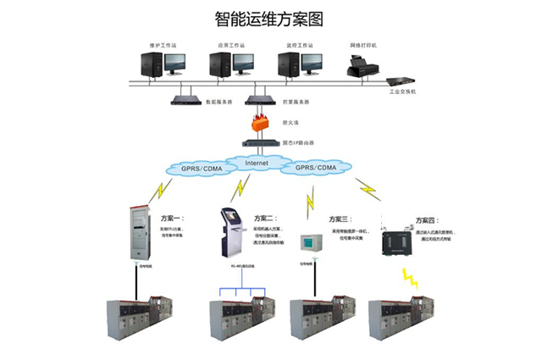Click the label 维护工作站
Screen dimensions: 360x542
160,44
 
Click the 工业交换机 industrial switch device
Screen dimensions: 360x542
397,82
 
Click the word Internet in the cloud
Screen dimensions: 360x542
257,162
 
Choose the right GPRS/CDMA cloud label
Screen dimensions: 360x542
317,169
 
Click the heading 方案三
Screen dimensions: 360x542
340,219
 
